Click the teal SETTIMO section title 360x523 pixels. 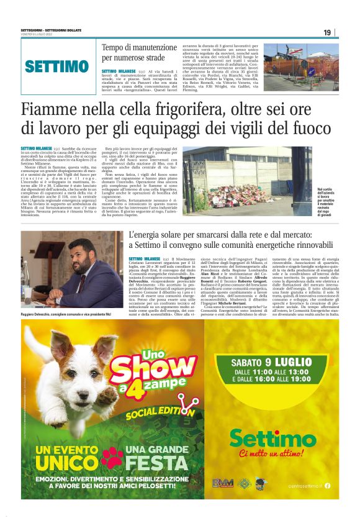56,66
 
